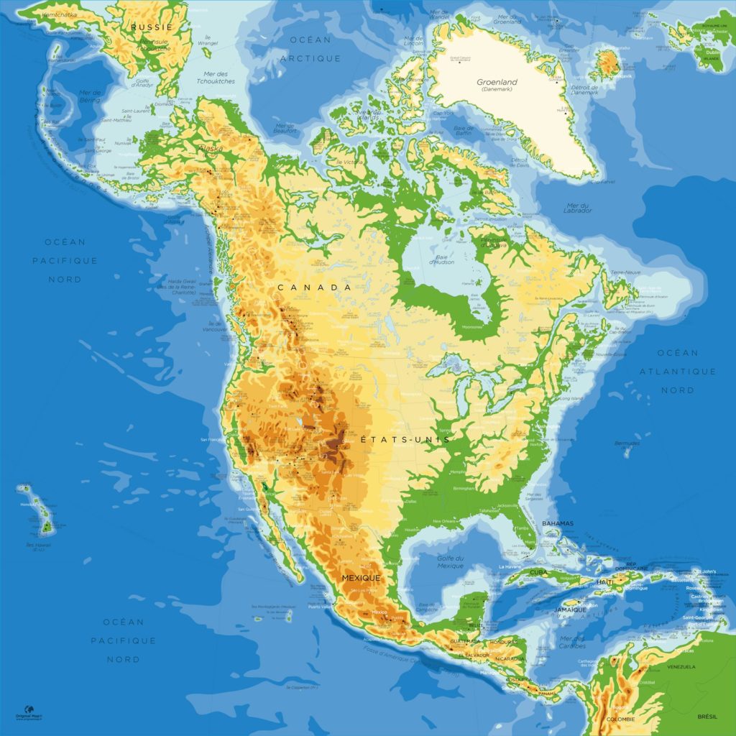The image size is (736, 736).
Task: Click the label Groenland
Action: point(497,82)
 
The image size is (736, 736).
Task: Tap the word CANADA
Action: point(315,287)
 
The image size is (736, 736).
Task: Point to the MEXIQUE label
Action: point(361,577)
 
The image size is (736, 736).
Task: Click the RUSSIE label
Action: point(152,27)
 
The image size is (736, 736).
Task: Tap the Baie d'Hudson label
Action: point(442,259)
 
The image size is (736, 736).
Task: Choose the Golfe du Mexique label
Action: point(451,561)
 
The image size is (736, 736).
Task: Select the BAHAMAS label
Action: point(558,523)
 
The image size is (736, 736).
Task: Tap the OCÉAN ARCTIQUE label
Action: point(310,49)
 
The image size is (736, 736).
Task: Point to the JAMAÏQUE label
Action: point(570,610)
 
